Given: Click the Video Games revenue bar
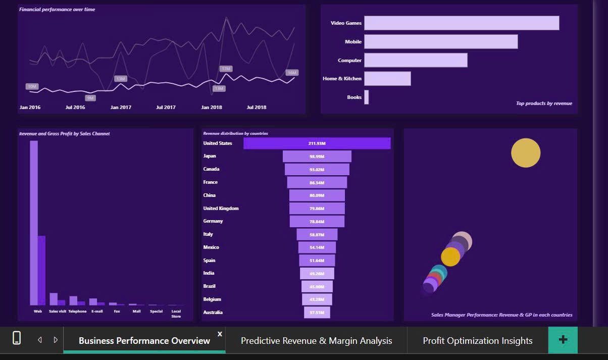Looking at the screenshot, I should [x=462, y=23].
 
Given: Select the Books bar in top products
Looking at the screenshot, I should [x=367, y=97].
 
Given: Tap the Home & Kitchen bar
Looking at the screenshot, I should [x=387, y=79].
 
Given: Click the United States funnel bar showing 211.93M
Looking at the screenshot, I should [x=317, y=143].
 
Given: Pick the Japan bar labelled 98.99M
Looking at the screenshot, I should [x=317, y=157].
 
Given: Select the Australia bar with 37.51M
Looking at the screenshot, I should [x=317, y=313].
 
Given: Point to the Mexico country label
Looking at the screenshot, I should [x=211, y=247].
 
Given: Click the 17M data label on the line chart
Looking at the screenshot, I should [x=226, y=69].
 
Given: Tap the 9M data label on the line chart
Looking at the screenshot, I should [x=90, y=98].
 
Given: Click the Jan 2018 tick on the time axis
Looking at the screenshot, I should [x=212, y=108].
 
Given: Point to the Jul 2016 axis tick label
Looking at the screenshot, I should [x=75, y=108].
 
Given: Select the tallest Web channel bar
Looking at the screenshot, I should [x=34, y=222].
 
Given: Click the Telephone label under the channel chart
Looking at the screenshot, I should [x=77, y=312].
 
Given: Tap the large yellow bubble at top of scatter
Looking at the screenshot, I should [x=526, y=152].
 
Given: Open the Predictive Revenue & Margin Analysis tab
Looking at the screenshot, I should [x=316, y=341].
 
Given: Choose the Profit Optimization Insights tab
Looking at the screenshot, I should [x=477, y=341].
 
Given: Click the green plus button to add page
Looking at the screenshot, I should [x=563, y=340].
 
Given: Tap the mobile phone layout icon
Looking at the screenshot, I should [x=17, y=338].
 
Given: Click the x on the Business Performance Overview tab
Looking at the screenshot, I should [x=220, y=334].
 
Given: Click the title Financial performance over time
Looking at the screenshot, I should [x=57, y=10].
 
